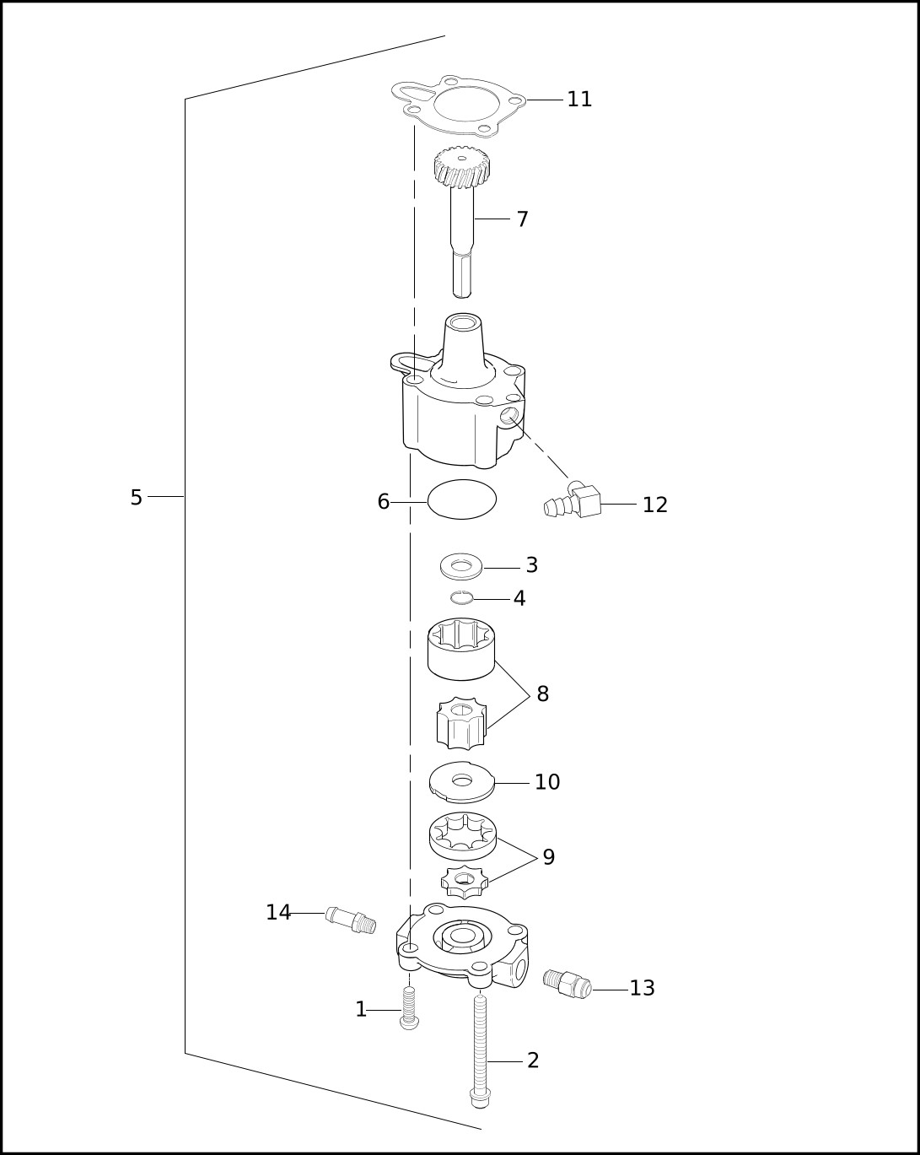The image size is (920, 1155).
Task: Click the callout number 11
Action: point(579,100)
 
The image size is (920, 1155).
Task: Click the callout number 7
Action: point(523,219)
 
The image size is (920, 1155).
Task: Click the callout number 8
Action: point(543,694)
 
